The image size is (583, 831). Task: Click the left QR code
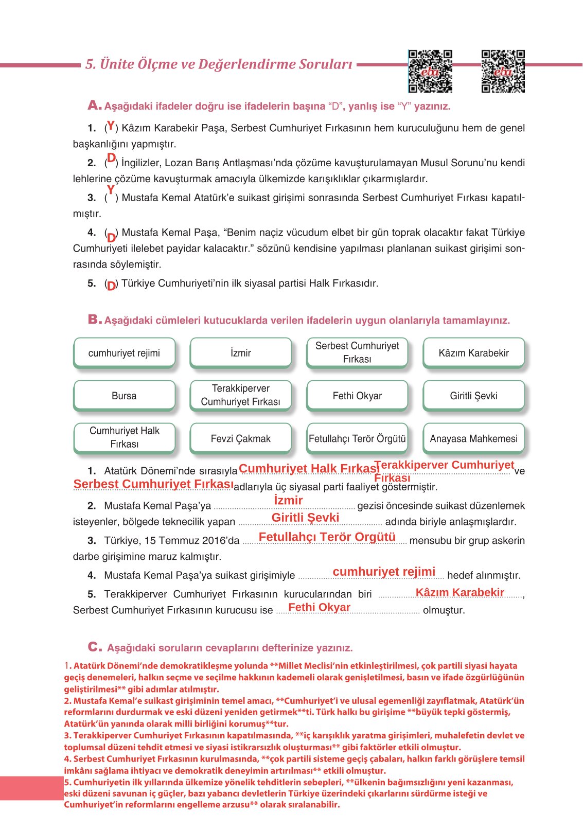pyautogui.click(x=430, y=72)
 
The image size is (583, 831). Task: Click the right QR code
pyautogui.click(x=503, y=72)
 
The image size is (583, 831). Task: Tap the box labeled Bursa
pyautogui.click(x=124, y=396)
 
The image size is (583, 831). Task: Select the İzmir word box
pyautogui.click(x=240, y=353)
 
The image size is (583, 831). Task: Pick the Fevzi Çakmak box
pyautogui.click(x=240, y=438)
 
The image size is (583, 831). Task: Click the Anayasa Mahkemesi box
pyautogui.click(x=473, y=438)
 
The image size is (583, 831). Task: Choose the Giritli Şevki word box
pyautogui.click(x=473, y=396)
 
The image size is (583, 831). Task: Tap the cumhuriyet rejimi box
pyautogui.click(x=124, y=353)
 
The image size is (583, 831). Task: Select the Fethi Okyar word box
pyautogui.click(x=357, y=396)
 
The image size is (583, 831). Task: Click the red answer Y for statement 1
pyautogui.click(x=111, y=125)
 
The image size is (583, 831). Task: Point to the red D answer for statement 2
pyautogui.click(x=111, y=158)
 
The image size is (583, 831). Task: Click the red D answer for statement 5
pyautogui.click(x=111, y=286)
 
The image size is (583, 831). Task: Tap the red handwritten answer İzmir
pyautogui.click(x=288, y=500)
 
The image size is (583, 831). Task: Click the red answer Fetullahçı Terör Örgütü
pyautogui.click(x=327, y=537)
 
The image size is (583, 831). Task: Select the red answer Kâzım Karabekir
pyautogui.click(x=460, y=592)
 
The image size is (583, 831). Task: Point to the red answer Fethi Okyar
pyautogui.click(x=319, y=607)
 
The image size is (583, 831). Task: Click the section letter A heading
pyautogui.click(x=94, y=105)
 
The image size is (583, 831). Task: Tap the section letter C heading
pyautogui.click(x=94, y=647)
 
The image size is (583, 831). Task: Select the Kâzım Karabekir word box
pyautogui.click(x=473, y=353)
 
